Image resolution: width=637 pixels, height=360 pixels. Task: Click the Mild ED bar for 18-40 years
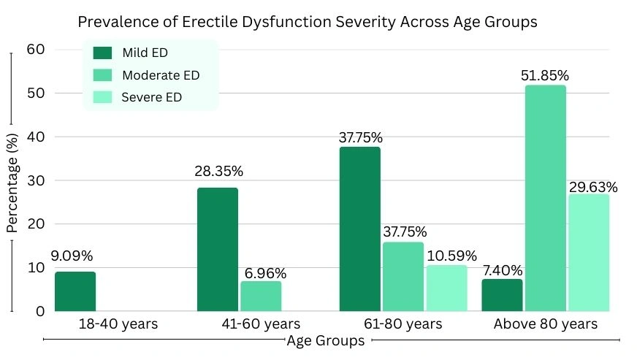(75, 291)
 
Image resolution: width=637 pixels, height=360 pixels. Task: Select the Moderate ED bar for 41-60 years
(261, 296)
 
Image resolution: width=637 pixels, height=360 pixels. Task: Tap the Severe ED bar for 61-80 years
(446, 288)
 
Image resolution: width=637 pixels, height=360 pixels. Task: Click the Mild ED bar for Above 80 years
(503, 295)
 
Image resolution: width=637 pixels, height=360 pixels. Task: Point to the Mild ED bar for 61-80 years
(360, 229)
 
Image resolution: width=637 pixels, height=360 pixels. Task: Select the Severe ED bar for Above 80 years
(589, 253)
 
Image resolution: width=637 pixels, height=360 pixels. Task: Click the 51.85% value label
(545, 75)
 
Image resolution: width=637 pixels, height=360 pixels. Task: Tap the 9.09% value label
(72, 256)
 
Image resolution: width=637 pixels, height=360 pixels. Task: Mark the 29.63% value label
(592, 187)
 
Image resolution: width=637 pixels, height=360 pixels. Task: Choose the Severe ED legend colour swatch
(103, 97)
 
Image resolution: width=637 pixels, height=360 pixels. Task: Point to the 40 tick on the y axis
(35, 137)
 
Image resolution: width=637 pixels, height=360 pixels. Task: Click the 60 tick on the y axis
(35, 50)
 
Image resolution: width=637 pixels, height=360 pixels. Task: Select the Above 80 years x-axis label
(545, 323)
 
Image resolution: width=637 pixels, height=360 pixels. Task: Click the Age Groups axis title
(325, 341)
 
